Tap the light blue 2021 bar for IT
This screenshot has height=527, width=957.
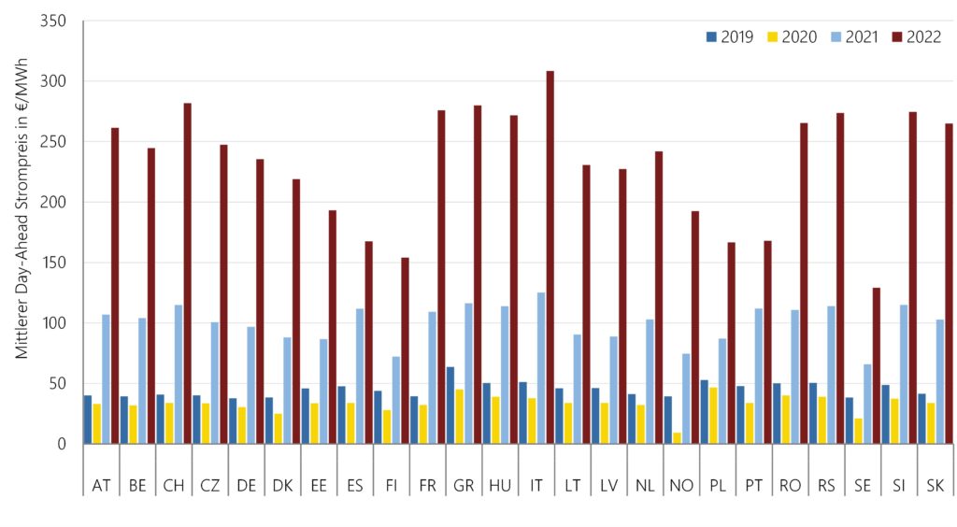pos(541,368)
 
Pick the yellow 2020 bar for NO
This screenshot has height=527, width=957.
pos(677,437)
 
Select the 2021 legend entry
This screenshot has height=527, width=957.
pos(853,36)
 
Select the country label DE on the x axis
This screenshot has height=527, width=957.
pos(247,485)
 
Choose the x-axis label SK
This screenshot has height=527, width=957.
pos(936,485)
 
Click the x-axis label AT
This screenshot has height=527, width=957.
pos(101,485)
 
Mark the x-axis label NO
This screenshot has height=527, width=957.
pos(681,485)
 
